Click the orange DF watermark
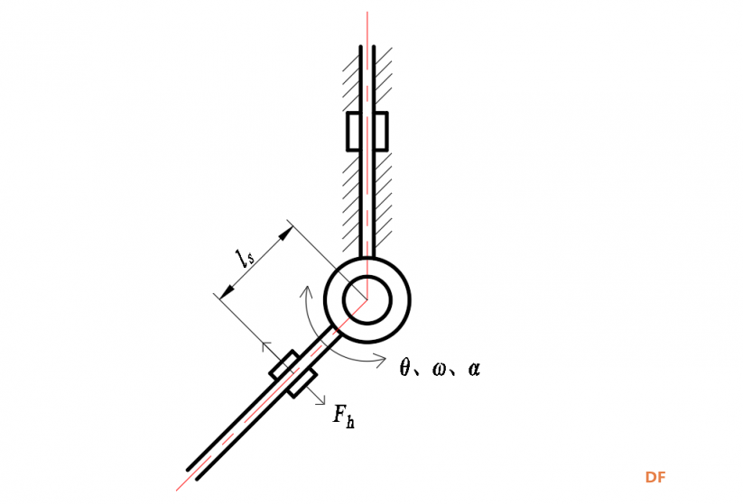click(x=655, y=477)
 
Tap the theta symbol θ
click(x=404, y=368)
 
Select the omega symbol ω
click(x=440, y=369)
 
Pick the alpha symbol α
click(x=474, y=369)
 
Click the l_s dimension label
click(x=245, y=258)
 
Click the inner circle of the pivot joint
click(x=367, y=299)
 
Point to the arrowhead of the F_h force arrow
click(x=321, y=400)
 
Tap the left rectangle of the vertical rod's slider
click(x=354, y=132)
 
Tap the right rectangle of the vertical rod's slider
click(x=381, y=132)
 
